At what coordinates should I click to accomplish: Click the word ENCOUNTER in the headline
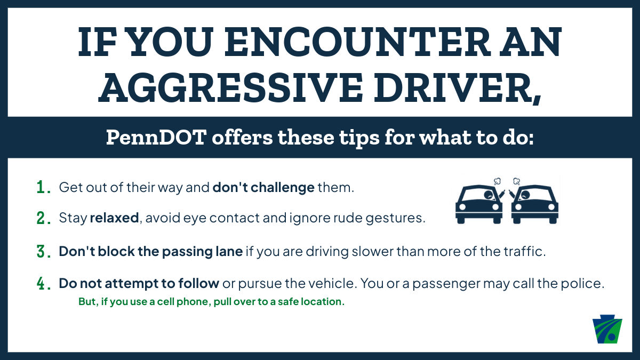coord(357,42)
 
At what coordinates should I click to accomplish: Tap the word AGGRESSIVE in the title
coord(230,87)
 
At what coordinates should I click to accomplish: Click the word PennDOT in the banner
coord(156,138)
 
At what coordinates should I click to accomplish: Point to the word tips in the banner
coord(359,139)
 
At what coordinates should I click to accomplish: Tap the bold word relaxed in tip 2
coord(114,218)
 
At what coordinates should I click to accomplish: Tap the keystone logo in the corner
coord(607,329)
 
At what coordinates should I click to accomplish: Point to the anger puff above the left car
coord(498,181)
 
